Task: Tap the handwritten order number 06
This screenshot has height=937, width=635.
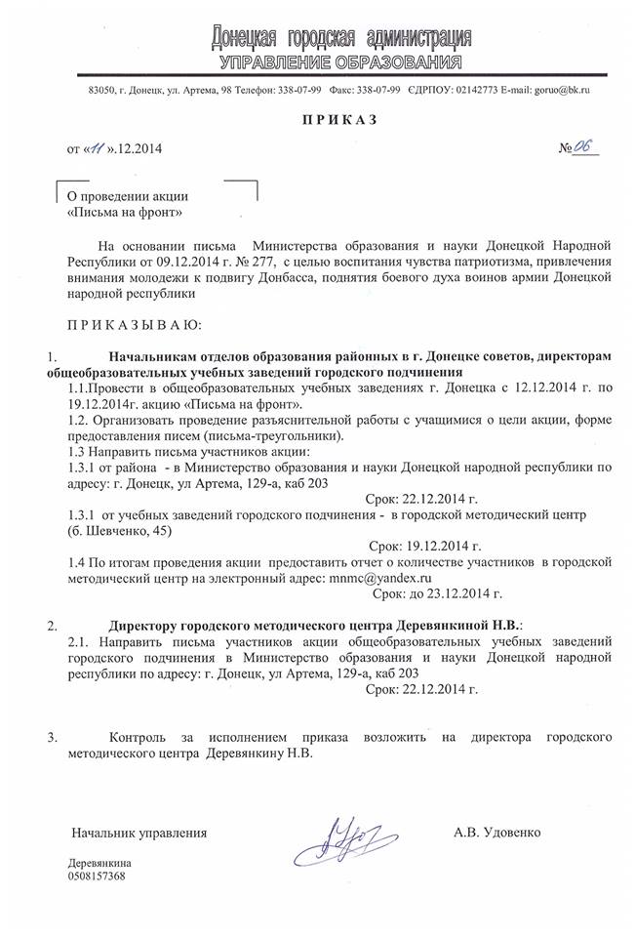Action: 583,147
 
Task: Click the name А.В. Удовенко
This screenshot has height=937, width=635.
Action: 497,833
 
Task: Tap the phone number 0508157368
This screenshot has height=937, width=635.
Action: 97,876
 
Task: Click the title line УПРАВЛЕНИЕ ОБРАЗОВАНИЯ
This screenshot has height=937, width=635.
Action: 340,63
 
